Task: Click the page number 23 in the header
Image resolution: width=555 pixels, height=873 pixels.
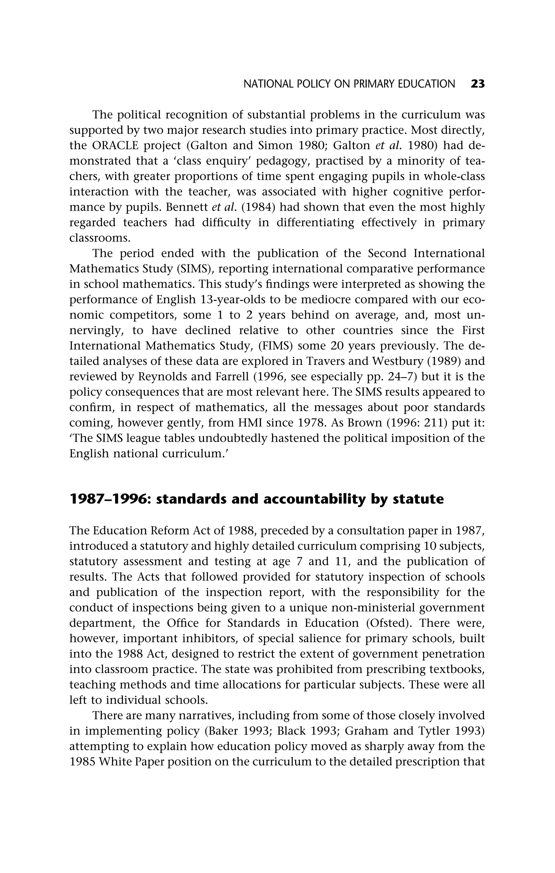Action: point(477,84)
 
